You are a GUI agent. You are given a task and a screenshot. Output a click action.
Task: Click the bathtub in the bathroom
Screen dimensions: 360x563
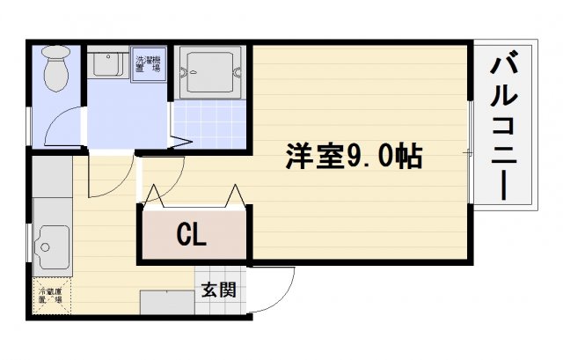click(x=209, y=73)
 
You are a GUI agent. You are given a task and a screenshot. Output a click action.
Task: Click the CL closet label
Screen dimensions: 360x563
click(x=191, y=234)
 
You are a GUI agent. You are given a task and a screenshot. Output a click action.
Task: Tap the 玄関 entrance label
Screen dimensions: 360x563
click(x=217, y=289)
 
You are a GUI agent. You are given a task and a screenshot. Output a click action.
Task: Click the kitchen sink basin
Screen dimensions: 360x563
click(x=54, y=244)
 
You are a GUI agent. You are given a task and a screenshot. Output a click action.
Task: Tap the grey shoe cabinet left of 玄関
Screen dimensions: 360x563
click(x=167, y=302)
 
